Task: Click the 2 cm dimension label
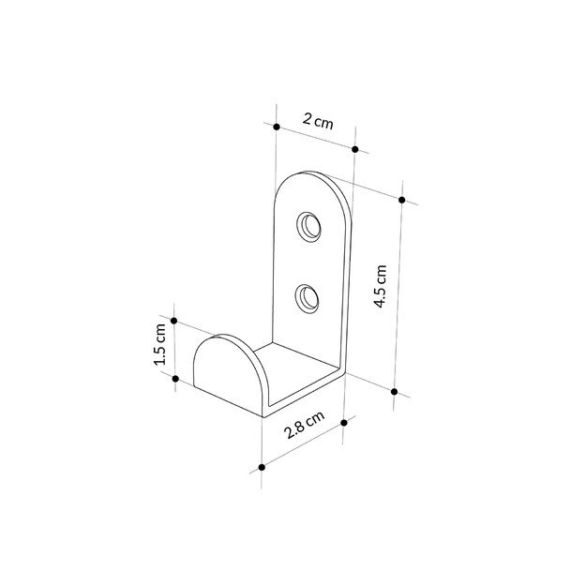click(317, 121)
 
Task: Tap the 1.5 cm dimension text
click(160, 346)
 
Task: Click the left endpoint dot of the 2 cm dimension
click(278, 126)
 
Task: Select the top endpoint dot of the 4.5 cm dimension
click(401, 200)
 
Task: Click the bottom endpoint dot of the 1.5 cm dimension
click(175, 377)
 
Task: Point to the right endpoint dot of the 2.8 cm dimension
click(344, 423)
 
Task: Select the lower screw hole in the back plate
click(307, 298)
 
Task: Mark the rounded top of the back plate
click(314, 183)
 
